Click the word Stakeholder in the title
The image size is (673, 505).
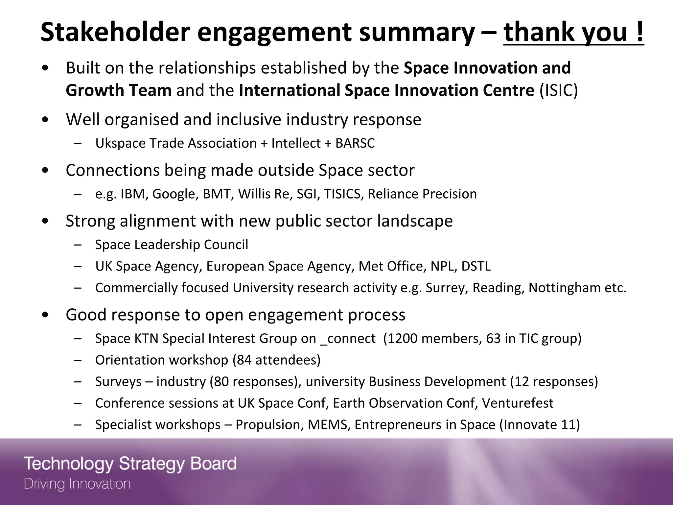point(115,32)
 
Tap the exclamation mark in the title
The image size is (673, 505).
point(639,32)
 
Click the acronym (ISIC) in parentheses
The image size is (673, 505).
point(559,90)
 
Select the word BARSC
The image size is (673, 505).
point(355,143)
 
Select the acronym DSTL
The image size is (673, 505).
point(476,266)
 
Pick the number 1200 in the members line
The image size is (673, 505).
point(403,338)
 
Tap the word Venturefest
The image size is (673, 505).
point(518,403)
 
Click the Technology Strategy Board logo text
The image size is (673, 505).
point(130,464)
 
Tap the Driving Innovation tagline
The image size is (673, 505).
point(77,484)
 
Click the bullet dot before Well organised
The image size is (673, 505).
point(45,120)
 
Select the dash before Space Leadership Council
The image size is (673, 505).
point(78,245)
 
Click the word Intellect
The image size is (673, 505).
point(296,143)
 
